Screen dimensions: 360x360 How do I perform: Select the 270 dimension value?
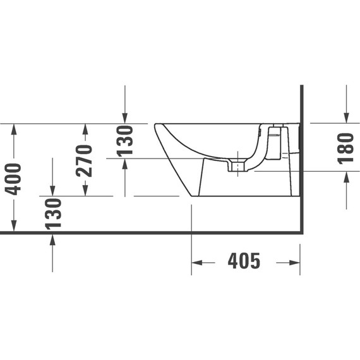(x=85, y=160)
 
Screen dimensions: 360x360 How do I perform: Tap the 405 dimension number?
(x=243, y=261)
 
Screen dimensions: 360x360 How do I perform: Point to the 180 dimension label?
(x=345, y=149)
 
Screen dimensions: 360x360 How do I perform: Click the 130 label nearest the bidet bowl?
(x=125, y=140)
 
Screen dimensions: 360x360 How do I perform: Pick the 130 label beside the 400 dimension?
(x=53, y=213)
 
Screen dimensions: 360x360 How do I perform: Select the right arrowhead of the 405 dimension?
(x=294, y=262)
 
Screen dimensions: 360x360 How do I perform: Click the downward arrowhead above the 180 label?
(x=346, y=117)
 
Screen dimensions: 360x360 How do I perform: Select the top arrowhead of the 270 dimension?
(x=85, y=128)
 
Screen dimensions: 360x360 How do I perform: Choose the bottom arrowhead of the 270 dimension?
(x=85, y=191)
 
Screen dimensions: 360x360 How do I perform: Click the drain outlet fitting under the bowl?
(x=237, y=167)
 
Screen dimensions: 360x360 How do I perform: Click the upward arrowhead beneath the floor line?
(x=53, y=239)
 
